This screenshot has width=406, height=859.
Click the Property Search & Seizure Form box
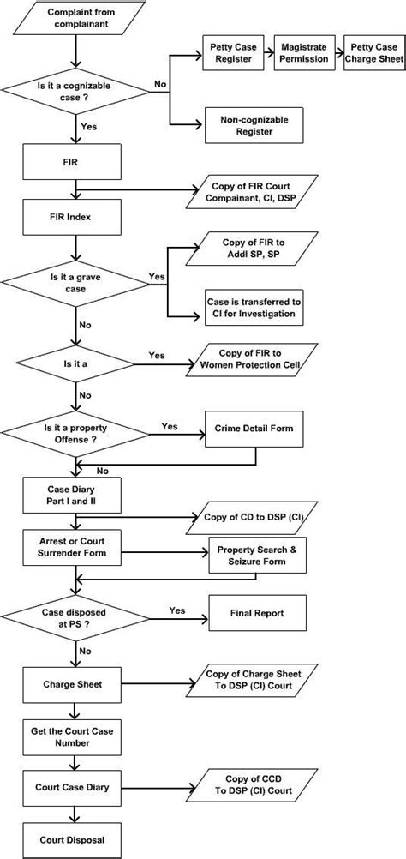tap(256, 555)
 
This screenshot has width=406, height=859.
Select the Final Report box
tap(256, 614)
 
